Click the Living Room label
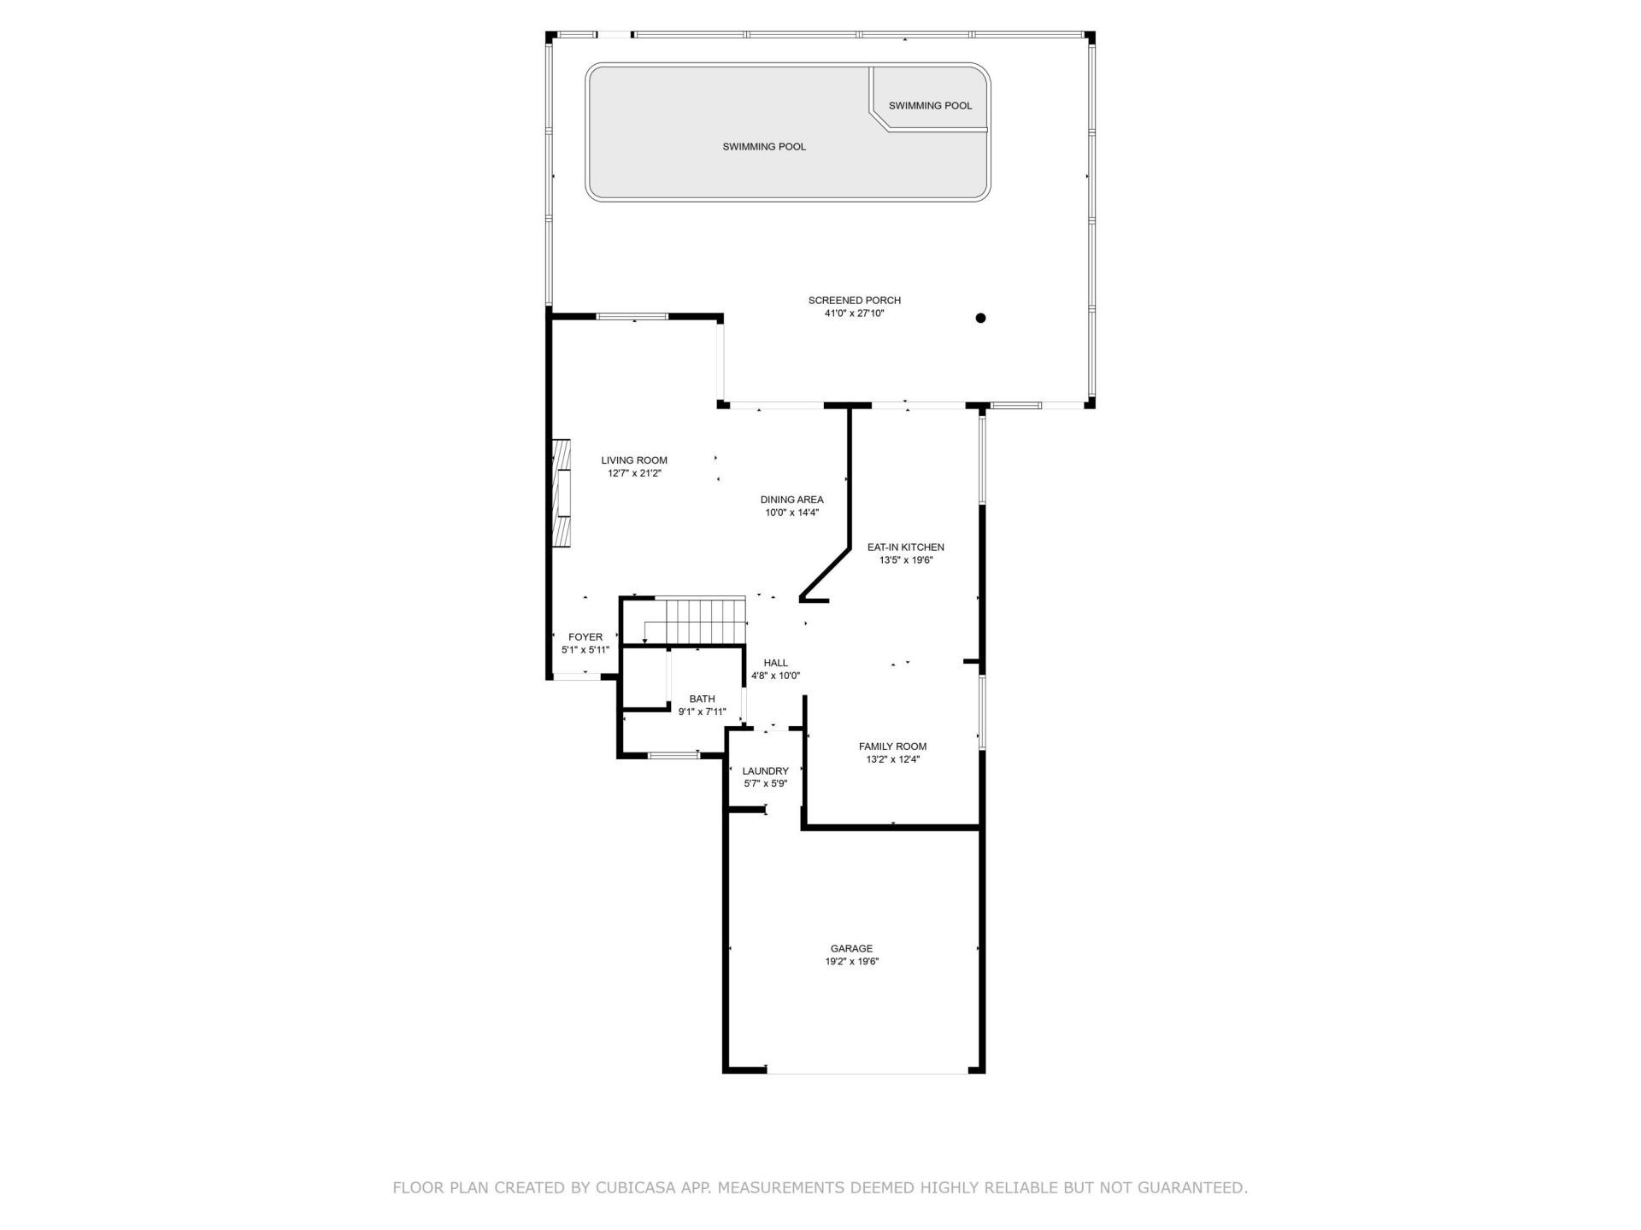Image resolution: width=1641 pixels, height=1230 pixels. (x=633, y=460)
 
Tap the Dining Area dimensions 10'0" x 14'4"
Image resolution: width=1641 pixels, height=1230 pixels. (x=791, y=513)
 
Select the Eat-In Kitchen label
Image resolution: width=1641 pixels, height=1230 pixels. (x=905, y=548)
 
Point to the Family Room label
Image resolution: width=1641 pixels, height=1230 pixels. (x=892, y=747)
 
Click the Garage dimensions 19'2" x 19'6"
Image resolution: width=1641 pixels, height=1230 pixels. (x=851, y=962)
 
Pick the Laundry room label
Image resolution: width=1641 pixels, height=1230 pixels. (x=765, y=771)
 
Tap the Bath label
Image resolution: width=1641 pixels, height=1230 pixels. (x=702, y=700)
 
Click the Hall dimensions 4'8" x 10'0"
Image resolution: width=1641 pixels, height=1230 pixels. (x=775, y=676)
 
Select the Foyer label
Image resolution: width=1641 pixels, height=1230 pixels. (x=585, y=637)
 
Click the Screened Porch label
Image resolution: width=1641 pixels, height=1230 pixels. (x=854, y=301)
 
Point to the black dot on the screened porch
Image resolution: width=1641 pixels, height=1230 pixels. (x=980, y=318)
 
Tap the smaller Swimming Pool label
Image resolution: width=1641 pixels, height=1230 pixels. (x=930, y=106)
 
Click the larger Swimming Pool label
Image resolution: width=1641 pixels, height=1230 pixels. (x=764, y=147)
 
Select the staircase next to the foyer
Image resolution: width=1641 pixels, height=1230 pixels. (x=697, y=621)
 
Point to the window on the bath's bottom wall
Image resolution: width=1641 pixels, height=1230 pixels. (x=673, y=755)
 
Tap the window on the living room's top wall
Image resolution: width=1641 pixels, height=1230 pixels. (x=632, y=317)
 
